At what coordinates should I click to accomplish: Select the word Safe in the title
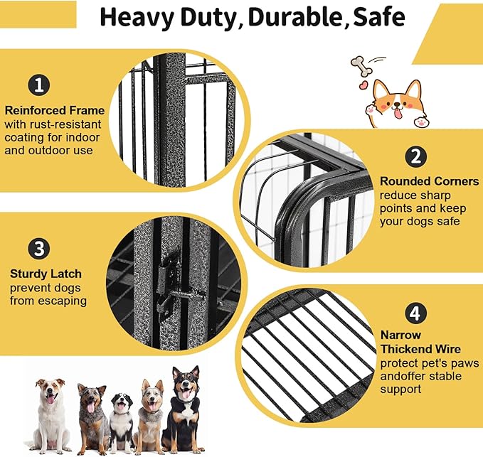tap(378, 17)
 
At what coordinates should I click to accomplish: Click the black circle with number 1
tap(40, 85)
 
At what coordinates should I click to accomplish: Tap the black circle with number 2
tap(415, 156)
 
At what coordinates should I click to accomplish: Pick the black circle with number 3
tap(40, 249)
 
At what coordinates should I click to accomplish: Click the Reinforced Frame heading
tap(54, 110)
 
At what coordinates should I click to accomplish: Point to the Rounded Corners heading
tap(429, 181)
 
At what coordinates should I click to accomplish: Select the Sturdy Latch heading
tap(46, 274)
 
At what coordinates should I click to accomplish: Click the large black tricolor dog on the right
tap(183, 409)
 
